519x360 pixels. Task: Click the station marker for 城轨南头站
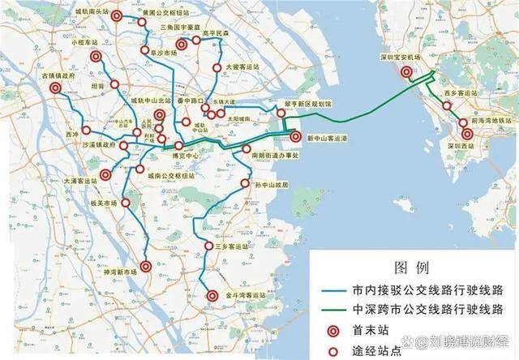click(118, 15)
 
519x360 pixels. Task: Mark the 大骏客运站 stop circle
click(217, 68)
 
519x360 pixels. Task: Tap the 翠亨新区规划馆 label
click(307, 105)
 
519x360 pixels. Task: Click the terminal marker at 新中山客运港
click(295, 137)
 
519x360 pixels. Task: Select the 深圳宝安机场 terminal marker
click(405, 71)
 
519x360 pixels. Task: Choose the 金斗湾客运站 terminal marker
click(212, 297)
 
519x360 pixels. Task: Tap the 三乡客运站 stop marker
click(209, 246)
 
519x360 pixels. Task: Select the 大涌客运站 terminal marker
click(105, 174)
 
